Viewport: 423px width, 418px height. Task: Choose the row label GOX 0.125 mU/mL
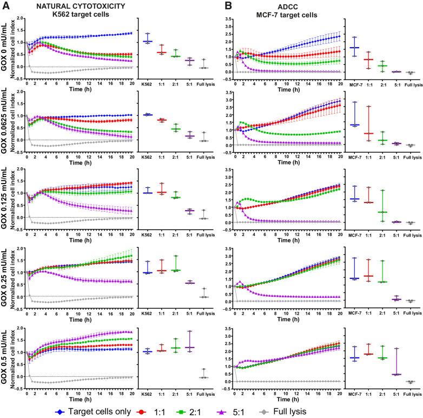coord(5,195)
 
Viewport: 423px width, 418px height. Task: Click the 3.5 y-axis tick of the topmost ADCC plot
coord(229,19)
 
